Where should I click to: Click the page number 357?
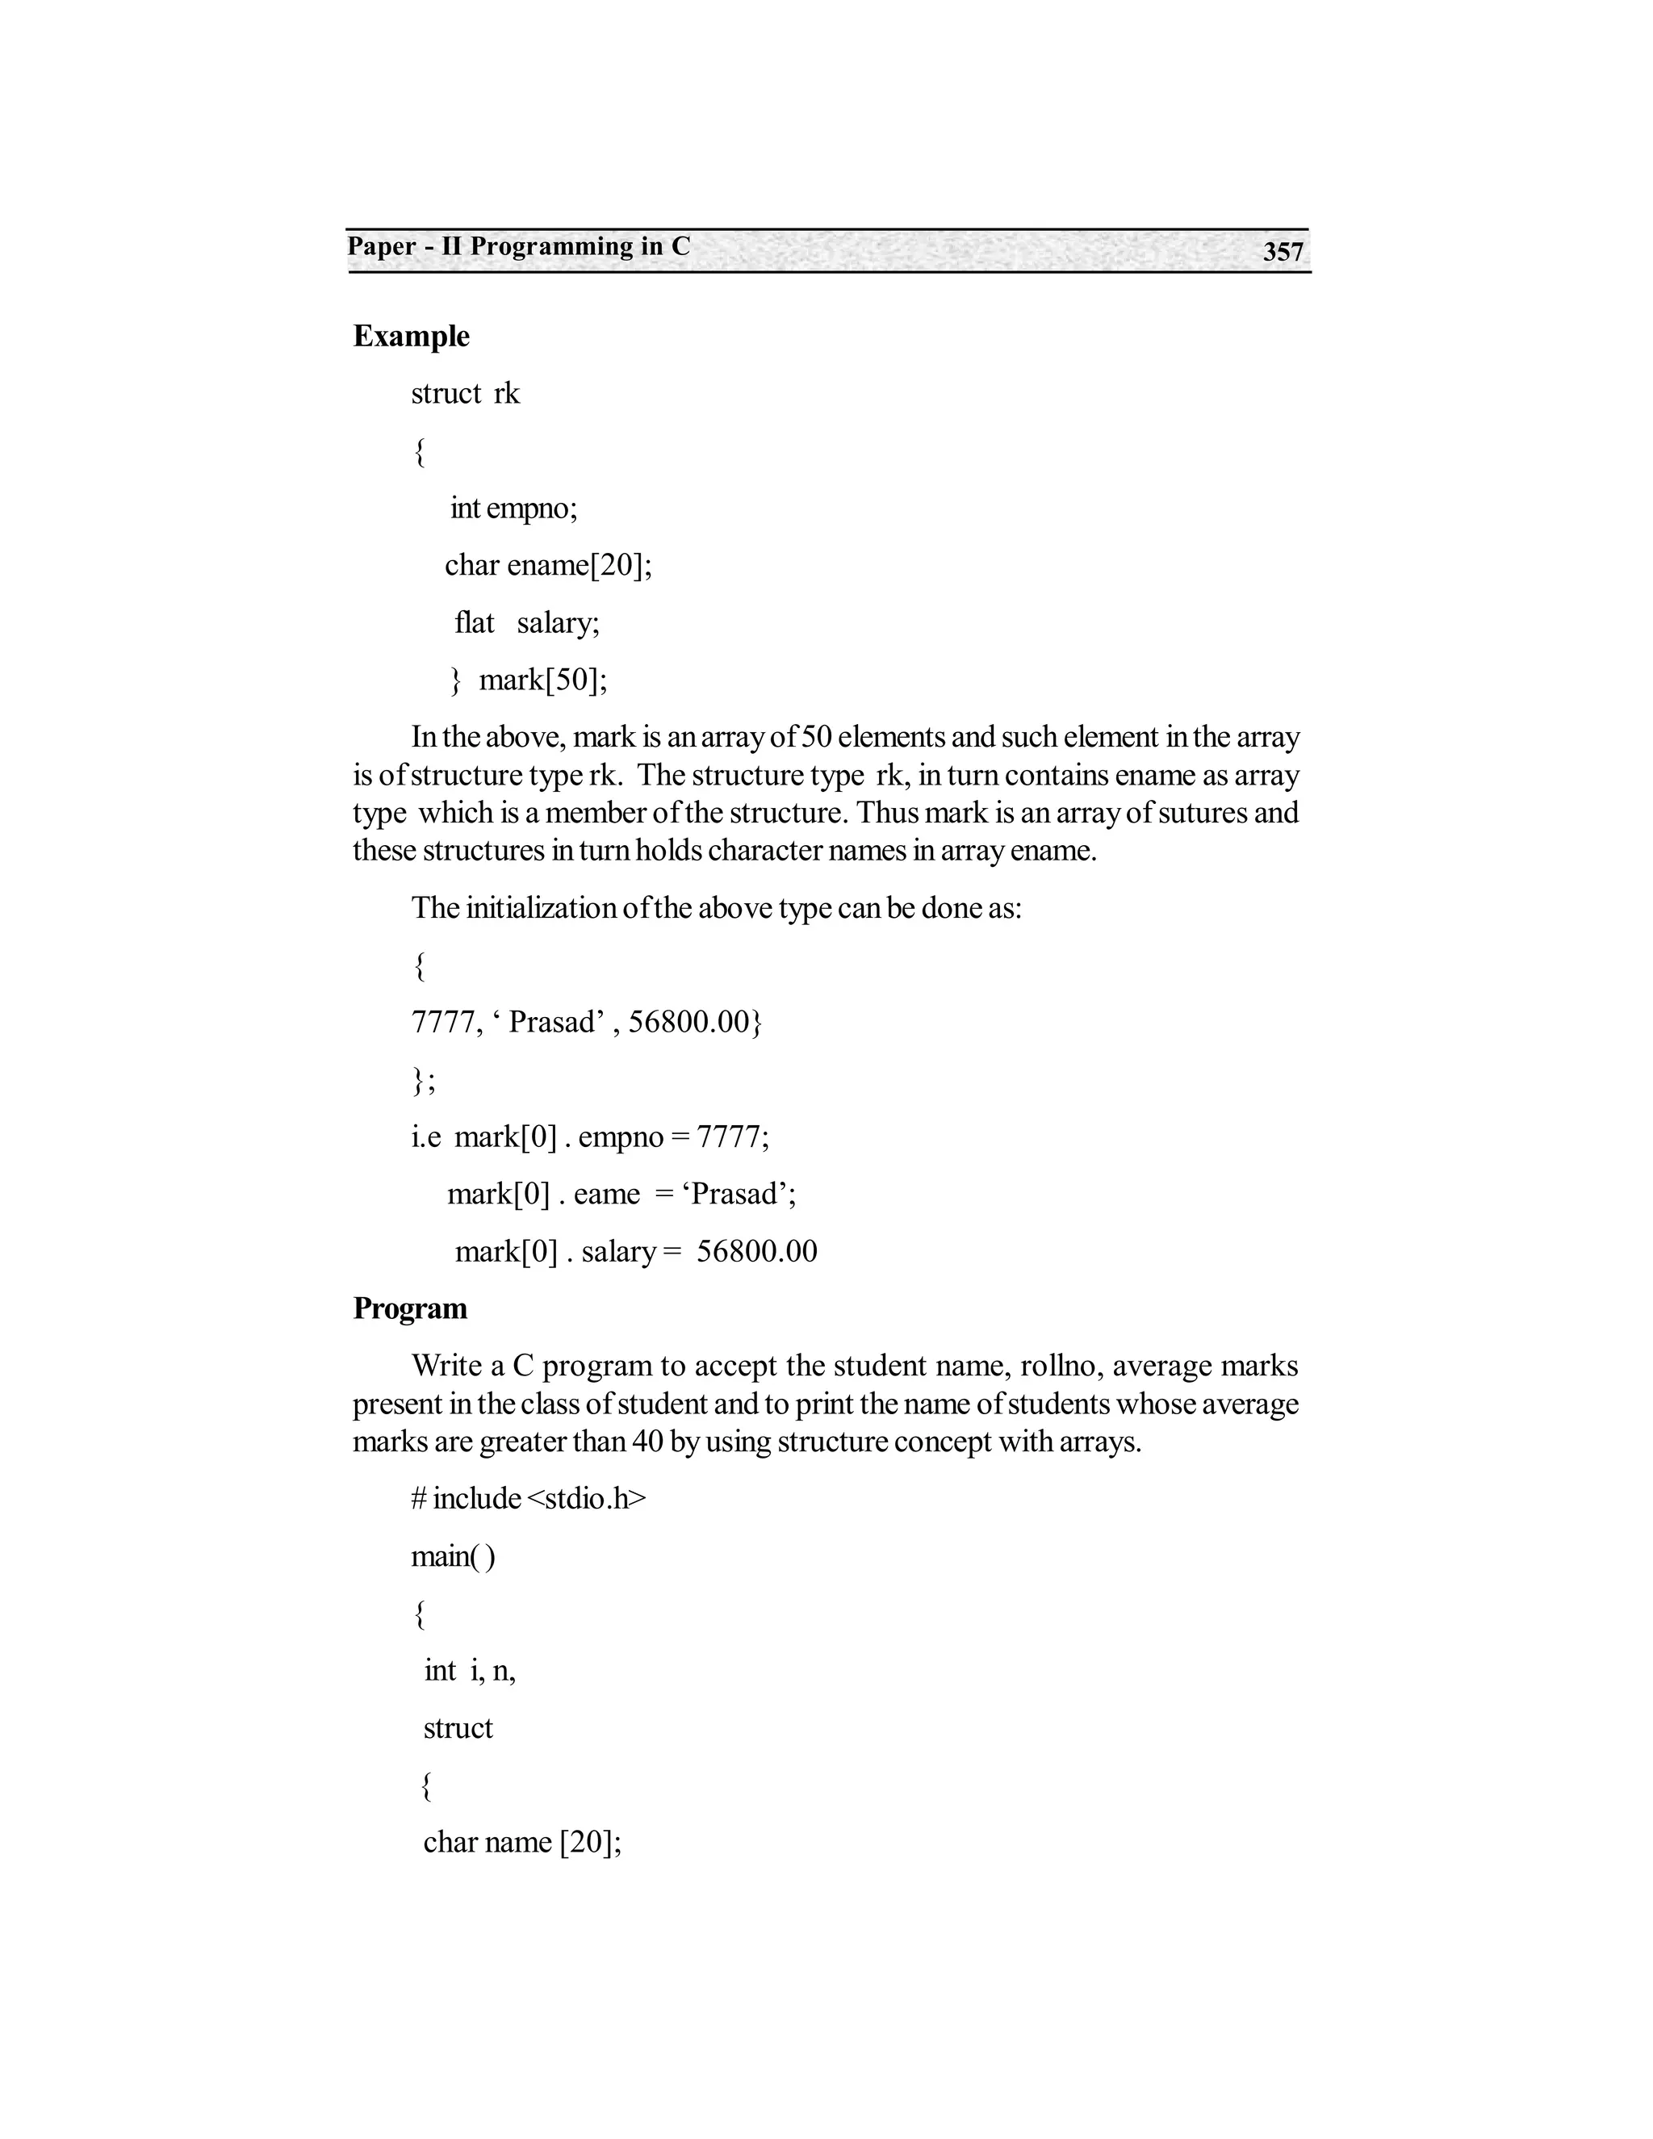click(1282, 252)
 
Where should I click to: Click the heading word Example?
click(412, 336)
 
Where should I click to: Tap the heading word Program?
click(409, 1308)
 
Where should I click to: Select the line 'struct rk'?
click(465, 393)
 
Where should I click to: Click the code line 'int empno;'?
click(513, 508)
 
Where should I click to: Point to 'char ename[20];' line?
click(548, 565)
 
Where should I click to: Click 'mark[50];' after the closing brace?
click(542, 679)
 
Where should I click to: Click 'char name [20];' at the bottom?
click(522, 1842)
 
